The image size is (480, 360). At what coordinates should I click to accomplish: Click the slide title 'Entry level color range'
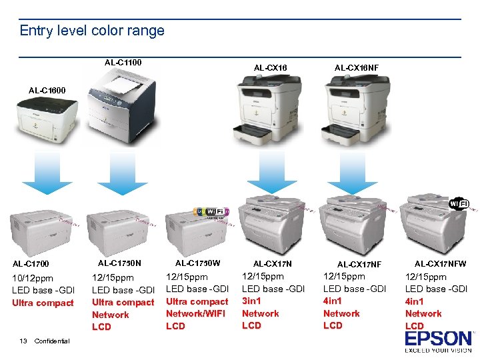coord(92,31)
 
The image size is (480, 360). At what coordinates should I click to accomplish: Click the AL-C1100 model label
coord(123,63)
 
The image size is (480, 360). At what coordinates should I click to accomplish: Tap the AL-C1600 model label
coord(47,90)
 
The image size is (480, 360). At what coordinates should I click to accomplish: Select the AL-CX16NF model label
coord(356,67)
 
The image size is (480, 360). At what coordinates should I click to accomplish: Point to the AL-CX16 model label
coord(270,67)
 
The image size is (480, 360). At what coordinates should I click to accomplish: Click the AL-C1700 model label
coord(31,264)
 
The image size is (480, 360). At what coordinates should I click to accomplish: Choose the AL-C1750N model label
coord(119,263)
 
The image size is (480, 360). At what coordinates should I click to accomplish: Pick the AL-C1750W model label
coord(197,263)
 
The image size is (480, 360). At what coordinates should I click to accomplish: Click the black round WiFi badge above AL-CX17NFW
coord(459,203)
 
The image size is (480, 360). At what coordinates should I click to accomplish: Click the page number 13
coord(23,341)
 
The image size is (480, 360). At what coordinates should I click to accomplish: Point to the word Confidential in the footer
coord(51,341)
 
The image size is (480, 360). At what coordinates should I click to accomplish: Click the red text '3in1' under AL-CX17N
coord(253,301)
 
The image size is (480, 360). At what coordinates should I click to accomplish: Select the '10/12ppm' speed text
coord(33,277)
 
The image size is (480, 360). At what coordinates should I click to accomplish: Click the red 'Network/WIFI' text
coord(195,313)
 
